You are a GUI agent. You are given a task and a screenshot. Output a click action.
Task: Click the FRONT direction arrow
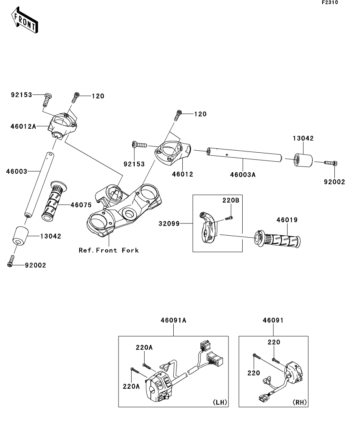24,20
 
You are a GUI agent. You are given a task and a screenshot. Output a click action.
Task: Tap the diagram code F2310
330,2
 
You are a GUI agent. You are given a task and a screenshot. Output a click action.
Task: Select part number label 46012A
23,126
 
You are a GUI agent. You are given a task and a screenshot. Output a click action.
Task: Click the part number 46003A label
243,175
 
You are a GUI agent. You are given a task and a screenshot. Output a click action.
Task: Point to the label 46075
81,205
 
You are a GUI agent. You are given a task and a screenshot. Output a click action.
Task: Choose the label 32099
169,223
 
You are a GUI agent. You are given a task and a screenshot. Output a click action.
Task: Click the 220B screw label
230,200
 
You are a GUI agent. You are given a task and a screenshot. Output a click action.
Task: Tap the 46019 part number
287,220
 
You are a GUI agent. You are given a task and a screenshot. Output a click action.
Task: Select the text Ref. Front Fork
109,250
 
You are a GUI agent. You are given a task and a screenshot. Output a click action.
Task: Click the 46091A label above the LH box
173,320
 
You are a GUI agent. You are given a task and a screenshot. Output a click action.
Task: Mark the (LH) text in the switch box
220,402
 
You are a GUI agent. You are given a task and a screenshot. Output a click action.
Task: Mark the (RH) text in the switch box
300,402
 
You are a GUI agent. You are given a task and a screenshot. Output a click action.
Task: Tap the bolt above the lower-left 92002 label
11,261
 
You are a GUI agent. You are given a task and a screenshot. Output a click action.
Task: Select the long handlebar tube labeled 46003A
244,155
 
